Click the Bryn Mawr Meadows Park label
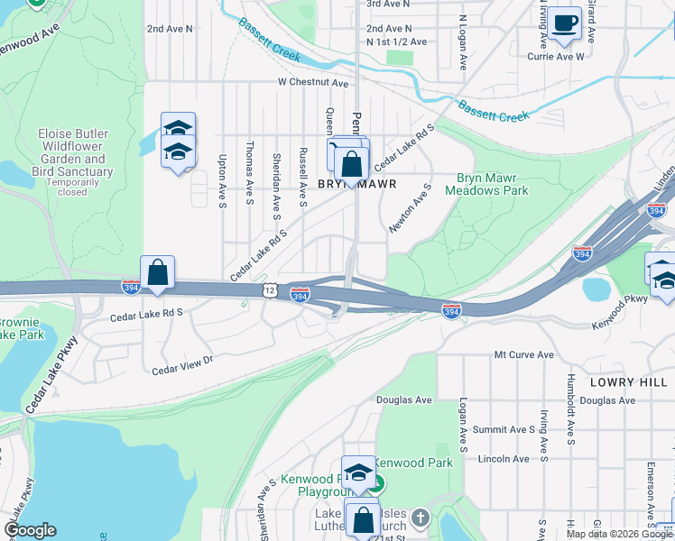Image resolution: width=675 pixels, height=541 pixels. pos(492,185)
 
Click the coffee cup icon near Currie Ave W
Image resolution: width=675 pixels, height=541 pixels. pos(566,24)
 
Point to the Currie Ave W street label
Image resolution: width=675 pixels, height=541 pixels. pos(556,56)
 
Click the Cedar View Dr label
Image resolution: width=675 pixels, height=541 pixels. pos(181,364)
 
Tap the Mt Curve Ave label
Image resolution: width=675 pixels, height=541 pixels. pos(523,354)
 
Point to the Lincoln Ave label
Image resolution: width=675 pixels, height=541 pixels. pos(504,459)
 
